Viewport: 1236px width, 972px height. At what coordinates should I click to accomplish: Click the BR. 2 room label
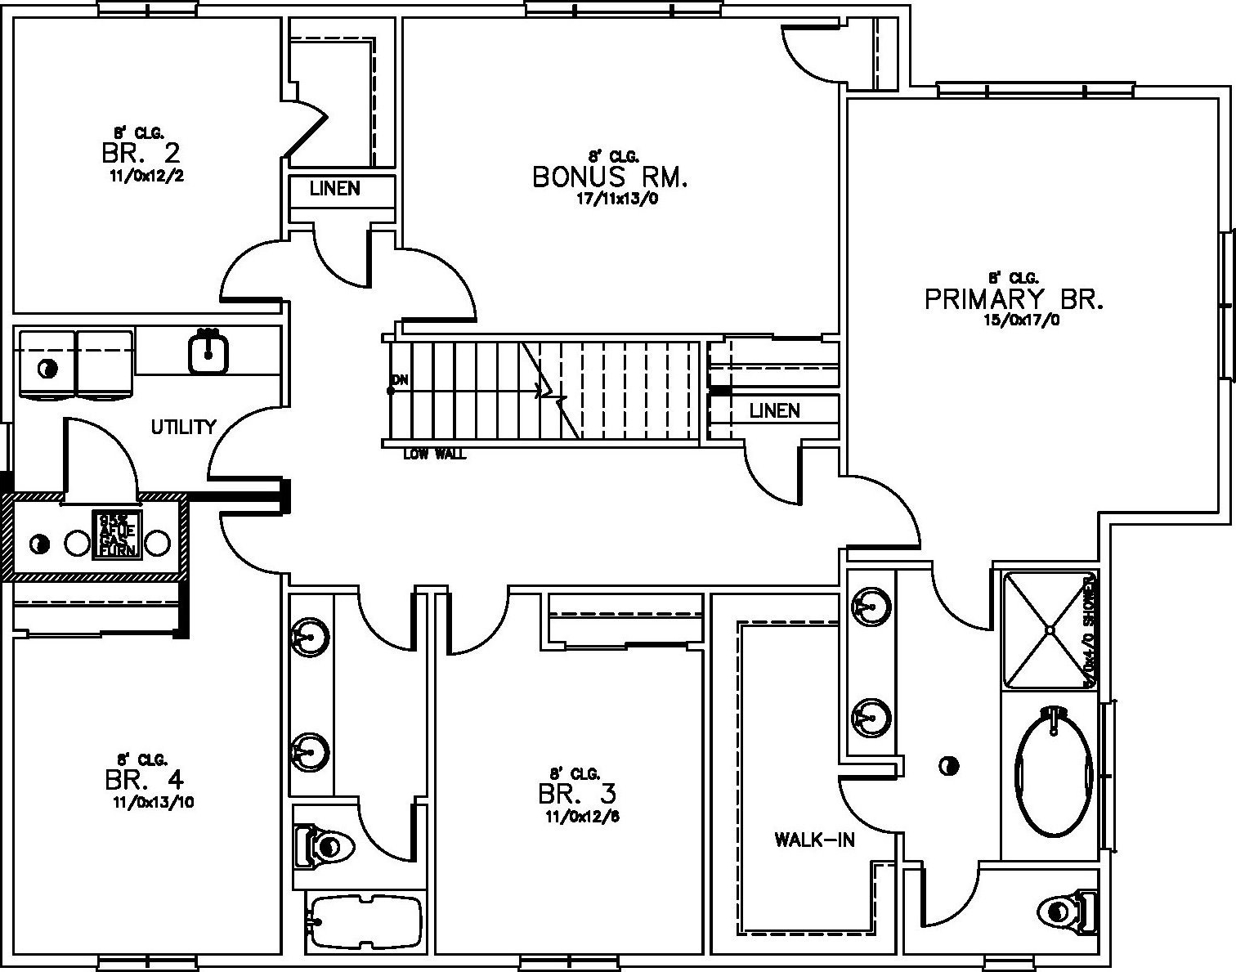141,153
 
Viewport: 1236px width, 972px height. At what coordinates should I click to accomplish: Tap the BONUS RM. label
610,177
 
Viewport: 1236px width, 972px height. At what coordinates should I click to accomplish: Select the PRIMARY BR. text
1014,299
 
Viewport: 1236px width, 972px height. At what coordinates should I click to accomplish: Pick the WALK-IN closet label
814,840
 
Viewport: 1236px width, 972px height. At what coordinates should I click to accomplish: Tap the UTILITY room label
183,427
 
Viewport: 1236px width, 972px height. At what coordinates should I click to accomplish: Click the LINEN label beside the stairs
774,410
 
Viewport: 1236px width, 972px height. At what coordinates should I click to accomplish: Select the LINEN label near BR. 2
334,189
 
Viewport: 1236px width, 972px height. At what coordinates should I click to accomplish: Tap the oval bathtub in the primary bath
1054,772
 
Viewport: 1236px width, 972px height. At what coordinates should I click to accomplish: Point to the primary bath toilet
1068,910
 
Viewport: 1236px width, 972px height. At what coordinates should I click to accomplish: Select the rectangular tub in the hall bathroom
365,921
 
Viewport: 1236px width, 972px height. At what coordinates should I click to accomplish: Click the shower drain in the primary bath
1049,629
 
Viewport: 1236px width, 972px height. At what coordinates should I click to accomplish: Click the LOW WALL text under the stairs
434,455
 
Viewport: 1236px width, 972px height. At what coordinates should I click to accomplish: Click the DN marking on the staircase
400,380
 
